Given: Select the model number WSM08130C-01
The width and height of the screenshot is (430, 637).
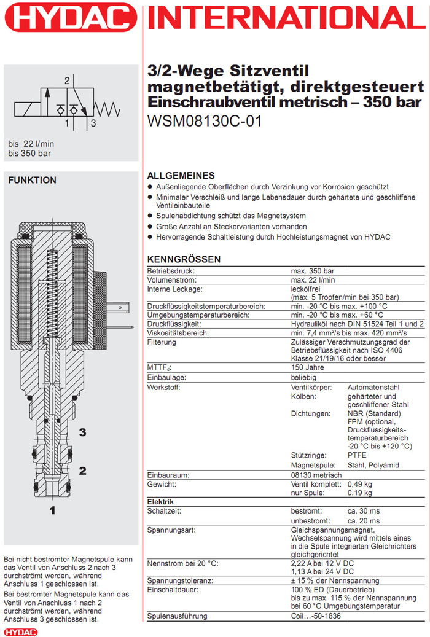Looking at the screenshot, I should (205, 122).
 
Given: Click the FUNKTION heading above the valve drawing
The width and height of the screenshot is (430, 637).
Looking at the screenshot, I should (31, 180).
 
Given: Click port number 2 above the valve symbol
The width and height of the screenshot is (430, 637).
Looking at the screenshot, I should (67, 80).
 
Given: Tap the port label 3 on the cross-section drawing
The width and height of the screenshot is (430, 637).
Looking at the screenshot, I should (82, 432).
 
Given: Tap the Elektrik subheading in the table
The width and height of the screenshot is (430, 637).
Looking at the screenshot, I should (161, 502).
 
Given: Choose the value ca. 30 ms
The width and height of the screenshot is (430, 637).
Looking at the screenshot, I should (364, 510).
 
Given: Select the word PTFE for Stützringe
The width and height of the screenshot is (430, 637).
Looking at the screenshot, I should (357, 455).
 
